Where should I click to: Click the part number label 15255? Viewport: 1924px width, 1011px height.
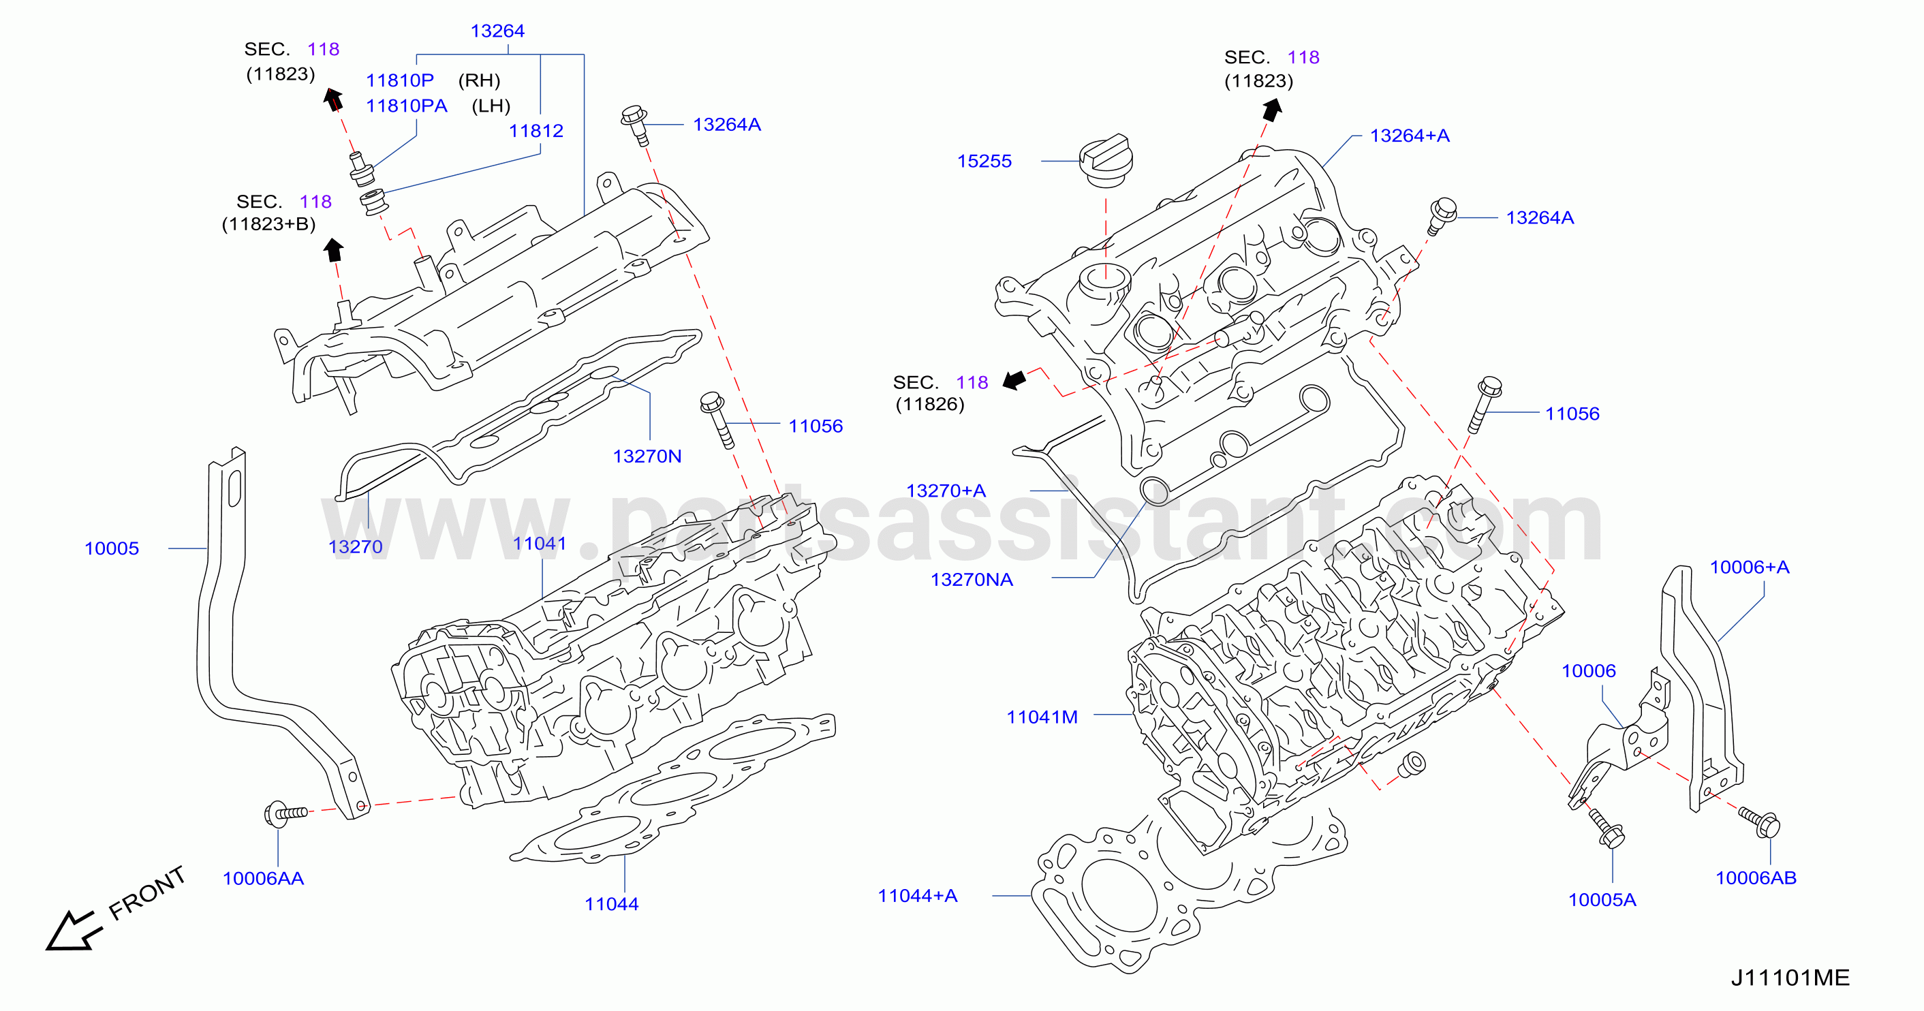[x=984, y=161]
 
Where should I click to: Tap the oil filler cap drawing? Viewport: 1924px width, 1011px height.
[x=1106, y=161]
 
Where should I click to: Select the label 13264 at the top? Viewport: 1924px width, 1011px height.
[x=497, y=31]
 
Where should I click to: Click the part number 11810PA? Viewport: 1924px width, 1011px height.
[x=406, y=106]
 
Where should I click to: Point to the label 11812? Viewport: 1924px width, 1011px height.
[x=536, y=131]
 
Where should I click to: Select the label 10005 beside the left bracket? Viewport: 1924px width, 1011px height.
[x=112, y=549]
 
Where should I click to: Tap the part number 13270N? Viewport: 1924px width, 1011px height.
[x=647, y=456]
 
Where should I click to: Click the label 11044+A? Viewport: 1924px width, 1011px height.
[x=917, y=896]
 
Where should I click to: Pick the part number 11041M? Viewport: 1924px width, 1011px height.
[x=1042, y=717]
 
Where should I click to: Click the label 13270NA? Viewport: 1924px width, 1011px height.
[x=972, y=580]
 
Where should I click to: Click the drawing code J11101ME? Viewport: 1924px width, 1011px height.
[x=1790, y=978]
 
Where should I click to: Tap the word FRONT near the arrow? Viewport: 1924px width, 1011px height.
[x=146, y=893]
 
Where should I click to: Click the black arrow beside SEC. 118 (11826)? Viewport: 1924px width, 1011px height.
[x=1014, y=380]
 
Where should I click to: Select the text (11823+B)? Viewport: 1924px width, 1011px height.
[x=269, y=225]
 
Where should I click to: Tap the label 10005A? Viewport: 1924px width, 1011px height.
[x=1602, y=901]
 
